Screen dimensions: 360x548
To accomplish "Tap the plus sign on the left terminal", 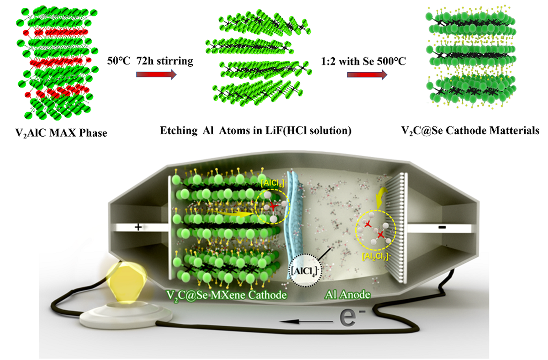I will click(138, 227).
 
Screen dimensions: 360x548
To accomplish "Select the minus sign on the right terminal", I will click(443, 227).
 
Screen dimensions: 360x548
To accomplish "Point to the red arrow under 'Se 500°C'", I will click(364, 75).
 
